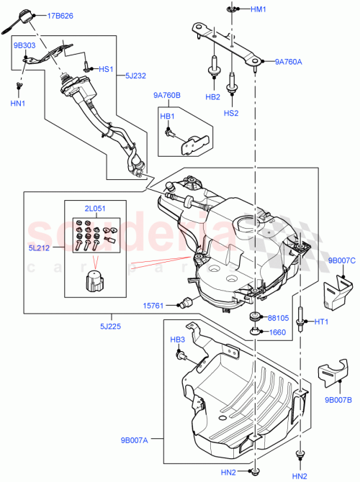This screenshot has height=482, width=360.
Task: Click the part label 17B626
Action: tap(60, 15)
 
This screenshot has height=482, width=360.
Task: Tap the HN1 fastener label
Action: tap(19, 104)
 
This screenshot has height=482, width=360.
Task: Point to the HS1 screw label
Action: tap(107, 70)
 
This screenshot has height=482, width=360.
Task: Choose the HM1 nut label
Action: tap(258, 9)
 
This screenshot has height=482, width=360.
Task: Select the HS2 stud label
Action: tap(232, 113)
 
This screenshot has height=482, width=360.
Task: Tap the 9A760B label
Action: tap(167, 95)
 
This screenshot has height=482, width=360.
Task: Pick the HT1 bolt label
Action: tap(320, 322)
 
